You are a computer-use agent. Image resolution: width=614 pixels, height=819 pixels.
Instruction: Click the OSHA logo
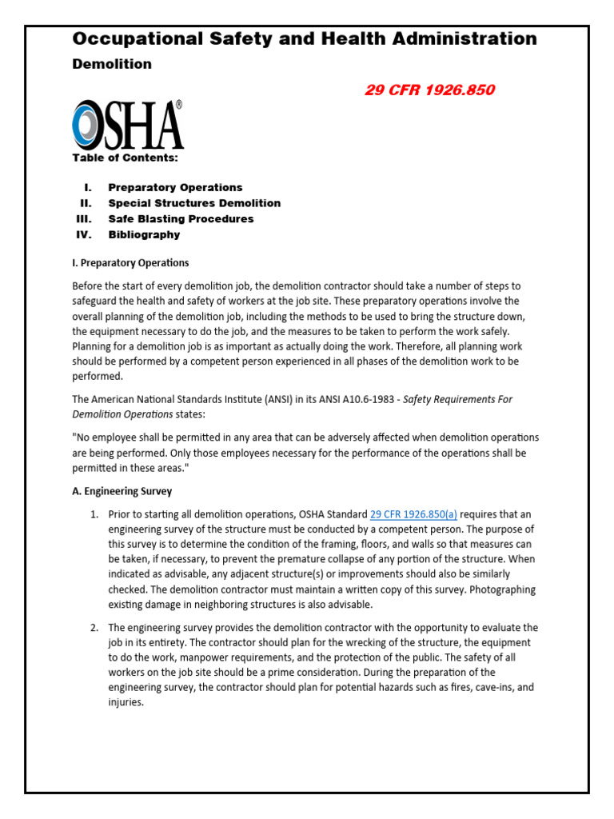(x=128, y=126)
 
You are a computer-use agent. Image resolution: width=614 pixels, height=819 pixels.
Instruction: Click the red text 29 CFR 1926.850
(x=429, y=90)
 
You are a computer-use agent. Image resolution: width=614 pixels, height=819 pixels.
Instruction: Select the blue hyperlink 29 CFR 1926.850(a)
(x=413, y=514)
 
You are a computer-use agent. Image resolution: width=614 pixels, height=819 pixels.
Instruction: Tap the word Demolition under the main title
(x=112, y=64)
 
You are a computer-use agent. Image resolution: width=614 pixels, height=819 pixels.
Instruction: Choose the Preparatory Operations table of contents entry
(x=175, y=187)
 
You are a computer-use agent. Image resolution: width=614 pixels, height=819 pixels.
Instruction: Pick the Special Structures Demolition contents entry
(x=194, y=203)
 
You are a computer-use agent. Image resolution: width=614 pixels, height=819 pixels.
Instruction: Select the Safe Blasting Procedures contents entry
(x=181, y=218)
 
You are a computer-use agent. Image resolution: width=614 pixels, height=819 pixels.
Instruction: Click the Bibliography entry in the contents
(x=144, y=234)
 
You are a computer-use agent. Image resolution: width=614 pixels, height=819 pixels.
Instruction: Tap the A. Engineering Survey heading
(x=122, y=491)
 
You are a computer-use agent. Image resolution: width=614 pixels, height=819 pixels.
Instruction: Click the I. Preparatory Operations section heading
(x=130, y=262)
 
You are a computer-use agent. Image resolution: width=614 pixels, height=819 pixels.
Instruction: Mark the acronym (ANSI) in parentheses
(x=284, y=400)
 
